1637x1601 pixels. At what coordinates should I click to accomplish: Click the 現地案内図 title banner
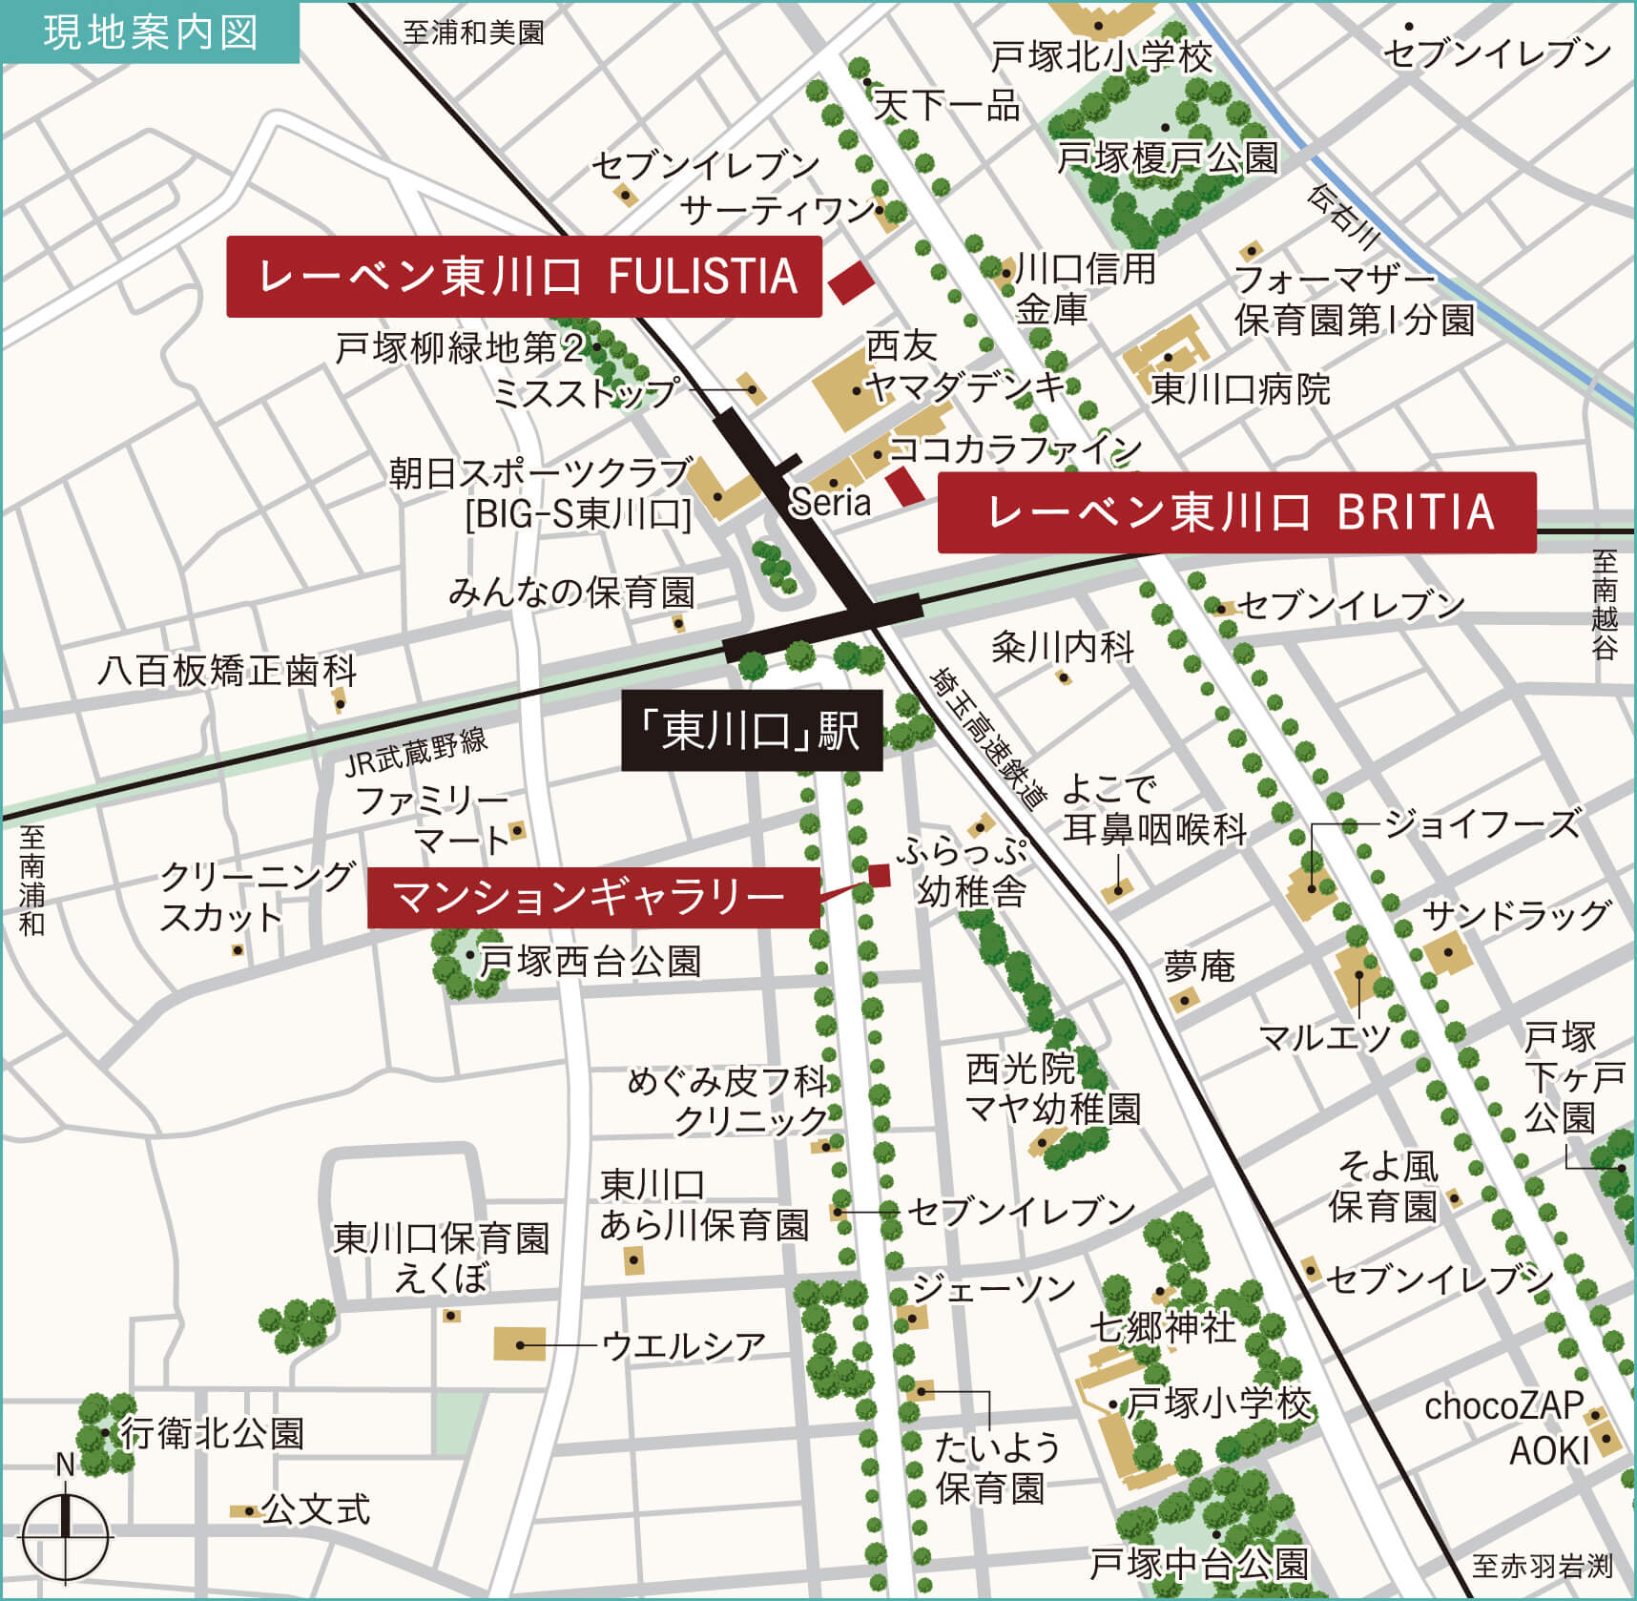click(x=151, y=32)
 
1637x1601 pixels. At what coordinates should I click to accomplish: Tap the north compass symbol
click(x=65, y=1536)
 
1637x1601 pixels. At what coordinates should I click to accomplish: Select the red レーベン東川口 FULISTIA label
click(x=524, y=277)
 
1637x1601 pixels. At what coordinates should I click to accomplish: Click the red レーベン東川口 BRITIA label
click(x=1236, y=512)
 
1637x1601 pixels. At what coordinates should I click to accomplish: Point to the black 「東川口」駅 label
click(x=752, y=732)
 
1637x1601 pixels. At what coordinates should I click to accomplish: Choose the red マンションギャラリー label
click(x=592, y=897)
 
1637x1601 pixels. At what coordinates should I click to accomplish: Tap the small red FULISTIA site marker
click(x=850, y=282)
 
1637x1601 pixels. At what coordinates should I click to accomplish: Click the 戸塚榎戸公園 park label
click(x=1166, y=157)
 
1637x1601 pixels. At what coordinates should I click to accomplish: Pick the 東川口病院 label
click(x=1239, y=389)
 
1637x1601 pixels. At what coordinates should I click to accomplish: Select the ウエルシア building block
click(x=520, y=1343)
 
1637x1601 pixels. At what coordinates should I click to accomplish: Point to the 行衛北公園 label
click(x=211, y=1433)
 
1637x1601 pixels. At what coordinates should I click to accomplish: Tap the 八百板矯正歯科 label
click(x=227, y=671)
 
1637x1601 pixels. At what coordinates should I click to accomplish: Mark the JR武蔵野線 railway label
click(x=416, y=752)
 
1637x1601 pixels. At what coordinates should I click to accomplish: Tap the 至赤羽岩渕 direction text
click(x=1541, y=1566)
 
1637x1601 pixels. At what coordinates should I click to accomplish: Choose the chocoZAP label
click(x=1502, y=1405)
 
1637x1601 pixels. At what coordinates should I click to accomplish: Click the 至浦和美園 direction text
click(x=472, y=33)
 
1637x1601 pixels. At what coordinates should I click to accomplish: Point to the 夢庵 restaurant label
click(x=1198, y=967)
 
